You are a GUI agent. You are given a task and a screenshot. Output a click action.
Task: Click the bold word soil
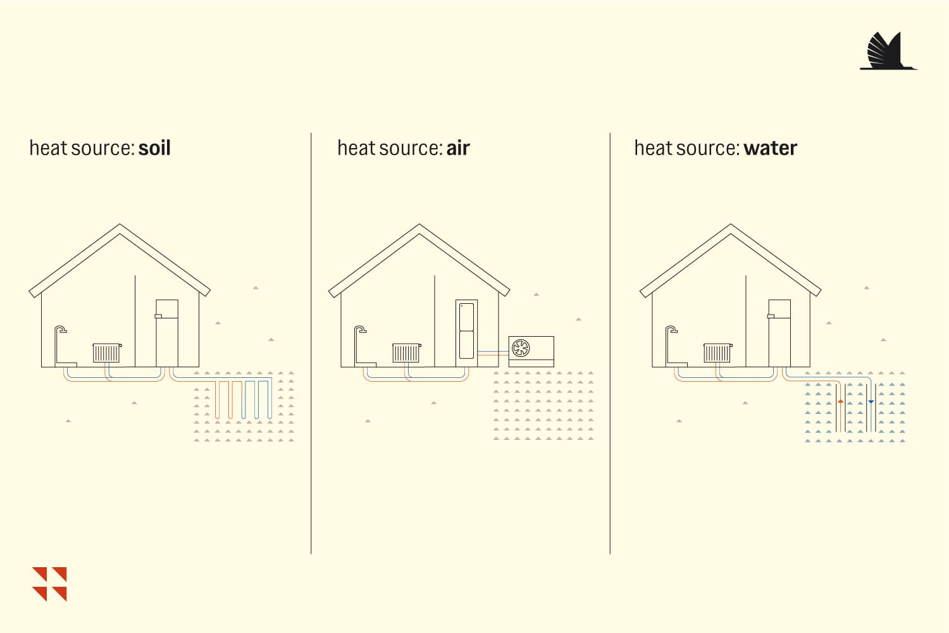154,148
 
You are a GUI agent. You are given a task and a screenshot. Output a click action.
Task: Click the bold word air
458,148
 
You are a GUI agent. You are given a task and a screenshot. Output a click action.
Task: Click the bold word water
770,148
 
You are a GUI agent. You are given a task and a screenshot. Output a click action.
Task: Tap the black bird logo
888,51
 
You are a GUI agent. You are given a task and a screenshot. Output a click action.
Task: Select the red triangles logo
49,584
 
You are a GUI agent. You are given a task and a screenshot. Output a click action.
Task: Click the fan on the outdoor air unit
521,348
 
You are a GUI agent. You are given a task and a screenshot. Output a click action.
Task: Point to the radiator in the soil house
107,353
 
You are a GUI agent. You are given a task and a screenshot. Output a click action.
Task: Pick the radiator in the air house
407,353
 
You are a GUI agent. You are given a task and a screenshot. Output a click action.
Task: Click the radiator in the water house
717,353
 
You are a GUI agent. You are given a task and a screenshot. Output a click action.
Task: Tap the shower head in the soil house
62,329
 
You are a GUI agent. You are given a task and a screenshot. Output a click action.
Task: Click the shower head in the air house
361,329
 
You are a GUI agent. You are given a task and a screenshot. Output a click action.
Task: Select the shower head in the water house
673,329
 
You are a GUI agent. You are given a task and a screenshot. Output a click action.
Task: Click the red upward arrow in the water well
841,401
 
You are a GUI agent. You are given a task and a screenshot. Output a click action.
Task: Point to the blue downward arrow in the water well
871,401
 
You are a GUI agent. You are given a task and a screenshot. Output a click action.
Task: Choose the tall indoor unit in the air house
466,333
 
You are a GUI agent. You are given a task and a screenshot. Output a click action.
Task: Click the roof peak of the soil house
120,225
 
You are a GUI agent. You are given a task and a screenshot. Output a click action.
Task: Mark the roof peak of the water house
730,225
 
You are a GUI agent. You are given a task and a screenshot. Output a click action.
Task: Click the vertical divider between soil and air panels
311,344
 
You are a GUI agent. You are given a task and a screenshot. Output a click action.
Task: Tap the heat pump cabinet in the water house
779,333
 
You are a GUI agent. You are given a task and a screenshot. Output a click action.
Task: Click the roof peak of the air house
419,225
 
